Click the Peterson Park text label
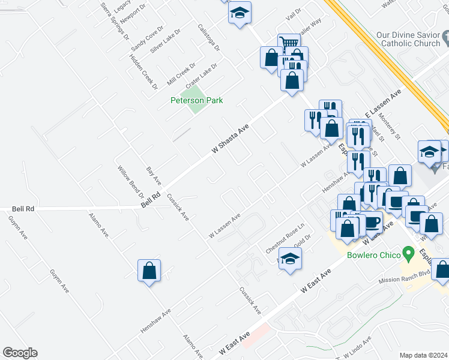point(196,100)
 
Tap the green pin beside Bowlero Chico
point(409,252)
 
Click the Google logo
point(20,353)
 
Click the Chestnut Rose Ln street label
point(285,238)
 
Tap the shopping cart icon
point(289,44)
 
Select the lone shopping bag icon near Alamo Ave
point(149,271)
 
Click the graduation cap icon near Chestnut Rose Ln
point(290,259)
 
